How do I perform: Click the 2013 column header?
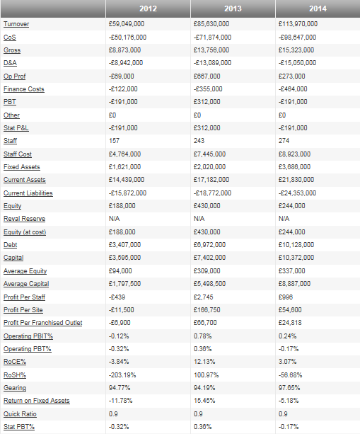pyautogui.click(x=233, y=10)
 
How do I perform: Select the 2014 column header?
pyautogui.click(x=318, y=10)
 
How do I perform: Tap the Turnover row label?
pyautogui.click(x=16, y=24)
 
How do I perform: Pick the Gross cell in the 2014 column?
pyautogui.click(x=297, y=50)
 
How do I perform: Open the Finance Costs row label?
pyautogui.click(x=23, y=89)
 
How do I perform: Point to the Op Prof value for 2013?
pyautogui.click(x=204, y=76)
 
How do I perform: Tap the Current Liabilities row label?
pyautogui.click(x=28, y=193)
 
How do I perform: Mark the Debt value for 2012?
pyautogui.click(x=124, y=245)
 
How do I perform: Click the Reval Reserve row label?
pyautogui.click(x=24, y=219)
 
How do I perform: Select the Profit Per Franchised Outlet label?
pyautogui.click(x=42, y=323)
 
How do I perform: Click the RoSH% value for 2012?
pyautogui.click(x=122, y=375)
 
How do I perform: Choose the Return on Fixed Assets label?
pyautogui.click(x=37, y=401)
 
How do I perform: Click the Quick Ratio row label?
pyautogui.click(x=21, y=413)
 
